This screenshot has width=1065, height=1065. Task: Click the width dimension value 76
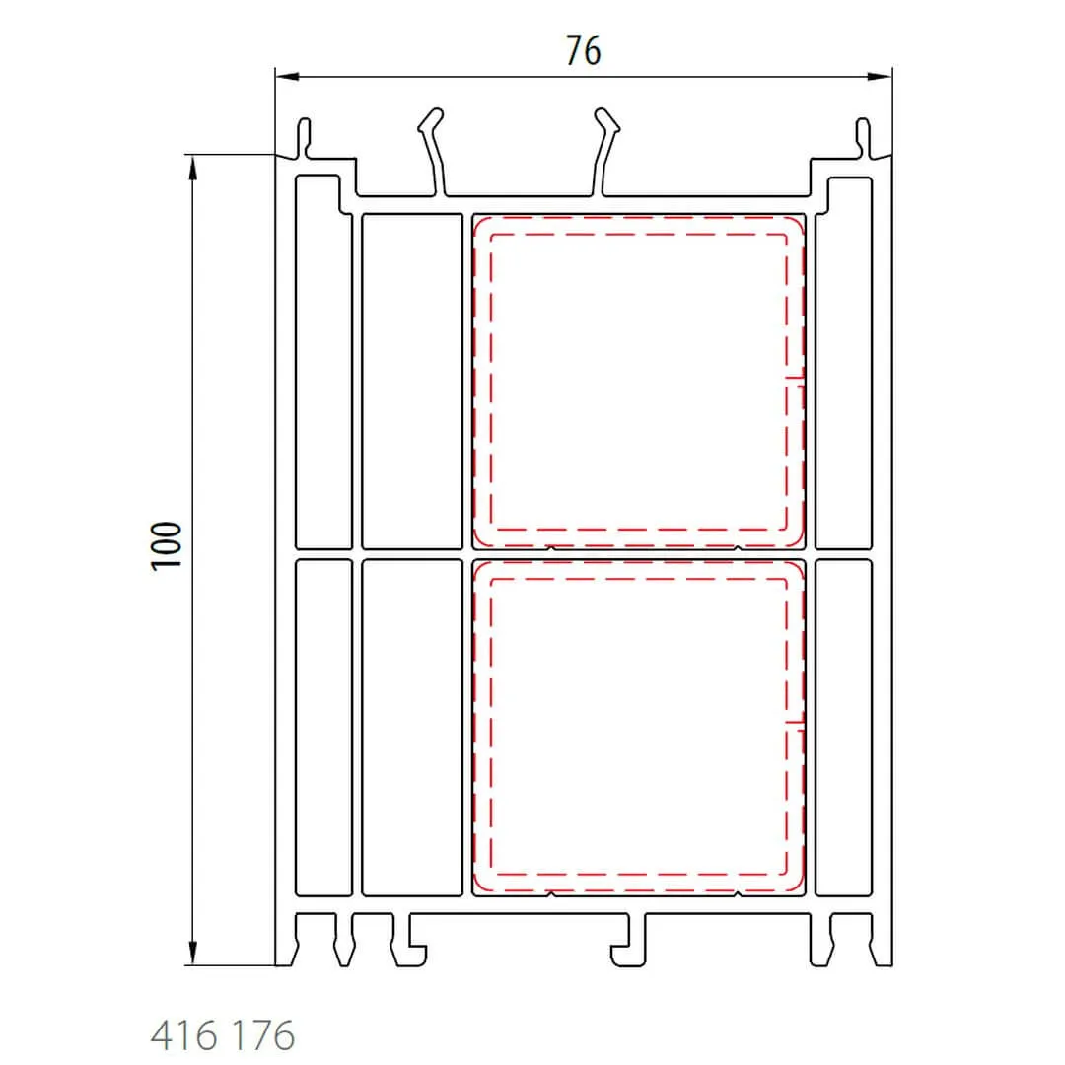pyautogui.click(x=584, y=51)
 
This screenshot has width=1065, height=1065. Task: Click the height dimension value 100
pyautogui.click(x=167, y=546)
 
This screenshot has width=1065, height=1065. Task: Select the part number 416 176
pyautogui.click(x=223, y=1035)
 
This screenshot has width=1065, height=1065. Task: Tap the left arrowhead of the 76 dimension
pyautogui.click(x=287, y=77)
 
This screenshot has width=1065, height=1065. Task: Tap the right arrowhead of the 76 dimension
pyautogui.click(x=880, y=77)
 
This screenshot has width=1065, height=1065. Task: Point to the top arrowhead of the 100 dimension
pyautogui.click(x=193, y=167)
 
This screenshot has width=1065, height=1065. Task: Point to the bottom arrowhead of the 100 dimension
pyautogui.click(x=193, y=953)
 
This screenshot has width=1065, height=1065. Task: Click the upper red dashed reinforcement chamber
pyautogui.click(x=638, y=381)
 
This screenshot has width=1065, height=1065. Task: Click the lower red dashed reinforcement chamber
pyautogui.click(x=638, y=726)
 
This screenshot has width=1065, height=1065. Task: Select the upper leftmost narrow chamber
pyautogui.click(x=324, y=362)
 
